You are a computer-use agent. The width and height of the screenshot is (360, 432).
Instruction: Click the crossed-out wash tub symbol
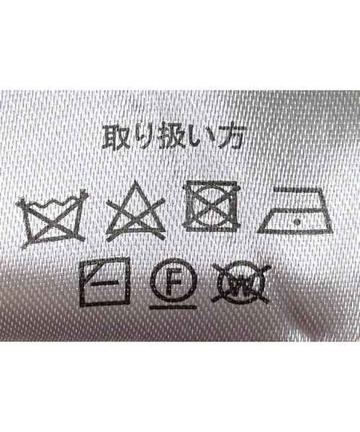tap(53, 218)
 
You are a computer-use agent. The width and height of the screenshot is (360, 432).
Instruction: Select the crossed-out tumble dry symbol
tap(212, 207)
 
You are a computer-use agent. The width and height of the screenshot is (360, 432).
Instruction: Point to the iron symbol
tap(295, 211)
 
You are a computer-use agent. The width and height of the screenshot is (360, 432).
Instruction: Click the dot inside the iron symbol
tap(297, 221)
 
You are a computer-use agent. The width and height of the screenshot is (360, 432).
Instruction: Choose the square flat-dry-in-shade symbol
tap(104, 282)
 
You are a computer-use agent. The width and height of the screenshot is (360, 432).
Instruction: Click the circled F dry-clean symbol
tap(174, 284)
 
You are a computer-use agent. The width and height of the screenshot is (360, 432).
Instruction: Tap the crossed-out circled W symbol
tap(240, 283)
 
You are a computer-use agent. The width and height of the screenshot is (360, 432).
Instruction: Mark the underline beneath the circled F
tap(174, 307)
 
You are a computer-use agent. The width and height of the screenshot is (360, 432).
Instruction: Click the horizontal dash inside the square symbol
tap(104, 282)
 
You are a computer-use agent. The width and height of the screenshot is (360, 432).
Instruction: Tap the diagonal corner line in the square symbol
tap(88, 268)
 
